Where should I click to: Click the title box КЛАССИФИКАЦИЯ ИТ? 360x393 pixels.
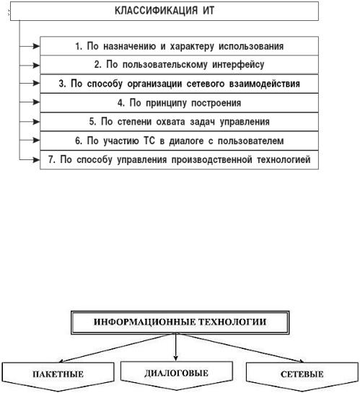(164, 11)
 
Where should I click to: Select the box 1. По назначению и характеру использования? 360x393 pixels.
(179, 46)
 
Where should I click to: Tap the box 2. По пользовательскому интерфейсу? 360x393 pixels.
(179, 65)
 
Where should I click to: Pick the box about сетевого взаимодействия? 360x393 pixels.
(179, 84)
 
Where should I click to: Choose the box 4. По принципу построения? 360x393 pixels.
(179, 103)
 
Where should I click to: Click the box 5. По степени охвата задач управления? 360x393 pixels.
(179, 122)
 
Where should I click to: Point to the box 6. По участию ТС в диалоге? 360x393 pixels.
(179, 141)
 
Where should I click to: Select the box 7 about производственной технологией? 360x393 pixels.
(179, 160)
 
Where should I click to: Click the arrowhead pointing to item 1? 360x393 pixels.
(36, 46)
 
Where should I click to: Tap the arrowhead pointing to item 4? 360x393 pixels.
(36, 102)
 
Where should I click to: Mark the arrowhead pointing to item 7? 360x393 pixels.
(36, 159)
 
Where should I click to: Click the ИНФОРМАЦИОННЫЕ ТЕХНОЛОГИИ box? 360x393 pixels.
(180, 322)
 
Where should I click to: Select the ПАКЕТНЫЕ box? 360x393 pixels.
(58, 374)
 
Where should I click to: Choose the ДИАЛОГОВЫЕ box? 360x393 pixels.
(177, 374)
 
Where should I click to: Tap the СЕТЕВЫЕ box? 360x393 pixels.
(302, 374)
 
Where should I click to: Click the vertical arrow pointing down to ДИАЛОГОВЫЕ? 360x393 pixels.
(176, 348)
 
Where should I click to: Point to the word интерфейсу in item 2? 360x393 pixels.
(238, 65)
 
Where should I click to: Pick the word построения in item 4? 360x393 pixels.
(216, 103)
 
